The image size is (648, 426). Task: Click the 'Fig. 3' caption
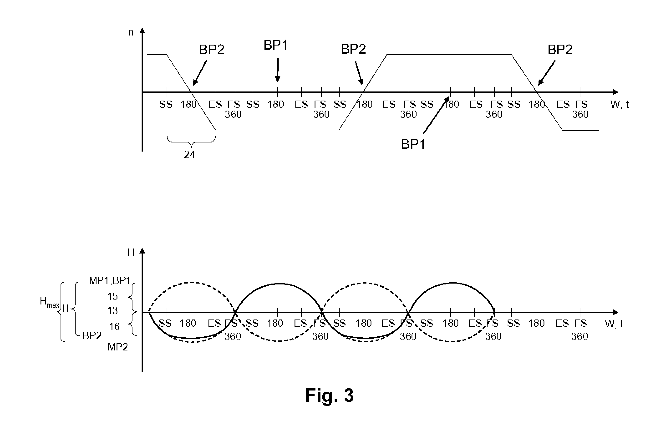coord(329,395)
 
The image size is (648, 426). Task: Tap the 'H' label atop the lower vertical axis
coord(131,253)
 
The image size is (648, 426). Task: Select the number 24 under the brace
coord(190,155)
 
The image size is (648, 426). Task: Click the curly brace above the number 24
coord(191,142)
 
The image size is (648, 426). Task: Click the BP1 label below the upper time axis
coord(413,144)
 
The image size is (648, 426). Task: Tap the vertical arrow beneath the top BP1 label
coord(277,69)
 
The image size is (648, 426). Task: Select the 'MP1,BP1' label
coord(110,281)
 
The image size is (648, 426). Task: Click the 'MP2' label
coord(118,347)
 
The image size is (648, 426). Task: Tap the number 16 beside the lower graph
coord(114,326)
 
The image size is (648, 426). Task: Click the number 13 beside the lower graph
coord(112,311)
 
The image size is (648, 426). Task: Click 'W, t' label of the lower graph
coord(614,324)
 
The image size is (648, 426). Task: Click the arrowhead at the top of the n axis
coord(142,30)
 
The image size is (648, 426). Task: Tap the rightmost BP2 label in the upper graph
coord(560,50)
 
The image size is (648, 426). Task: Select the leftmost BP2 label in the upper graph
coord(211,50)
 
